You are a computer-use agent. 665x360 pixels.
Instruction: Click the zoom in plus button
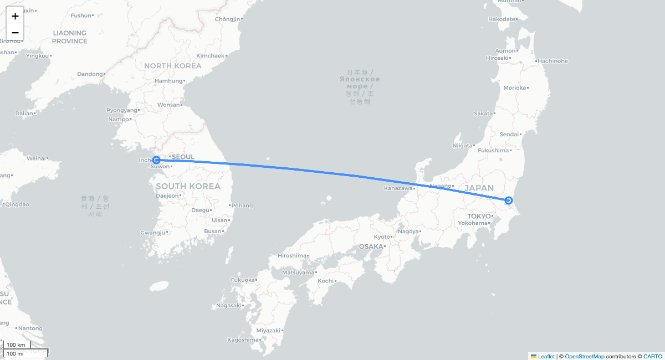pos(15,16)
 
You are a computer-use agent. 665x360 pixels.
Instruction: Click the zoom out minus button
pos(15,32)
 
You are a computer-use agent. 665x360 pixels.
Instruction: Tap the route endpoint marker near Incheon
pos(156,160)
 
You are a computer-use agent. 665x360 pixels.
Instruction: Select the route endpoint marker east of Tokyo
pos(509,200)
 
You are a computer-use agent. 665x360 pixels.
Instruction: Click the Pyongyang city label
pos(121,110)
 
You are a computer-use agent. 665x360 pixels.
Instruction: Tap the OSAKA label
pos(371,246)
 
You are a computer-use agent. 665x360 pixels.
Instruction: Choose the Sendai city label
pos(509,134)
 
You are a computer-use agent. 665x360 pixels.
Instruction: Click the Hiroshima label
pos(292,255)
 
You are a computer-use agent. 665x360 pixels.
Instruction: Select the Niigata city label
pos(462,146)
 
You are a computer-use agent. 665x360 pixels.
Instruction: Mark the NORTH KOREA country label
pos(173,66)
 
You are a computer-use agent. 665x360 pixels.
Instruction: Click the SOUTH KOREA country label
pos(188,186)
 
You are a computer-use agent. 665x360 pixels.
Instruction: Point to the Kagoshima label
pos(243,340)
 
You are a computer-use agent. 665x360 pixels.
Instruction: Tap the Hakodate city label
pos(502,19)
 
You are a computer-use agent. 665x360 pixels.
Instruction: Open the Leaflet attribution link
pos(546,356)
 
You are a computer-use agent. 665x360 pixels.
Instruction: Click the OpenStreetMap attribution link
pos(585,356)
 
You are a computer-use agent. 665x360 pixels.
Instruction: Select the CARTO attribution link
pos(652,356)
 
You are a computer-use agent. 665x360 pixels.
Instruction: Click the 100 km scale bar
pos(17,345)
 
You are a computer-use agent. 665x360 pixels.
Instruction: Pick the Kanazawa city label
pos(398,188)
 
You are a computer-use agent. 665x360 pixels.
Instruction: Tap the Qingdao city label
pos(18,204)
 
